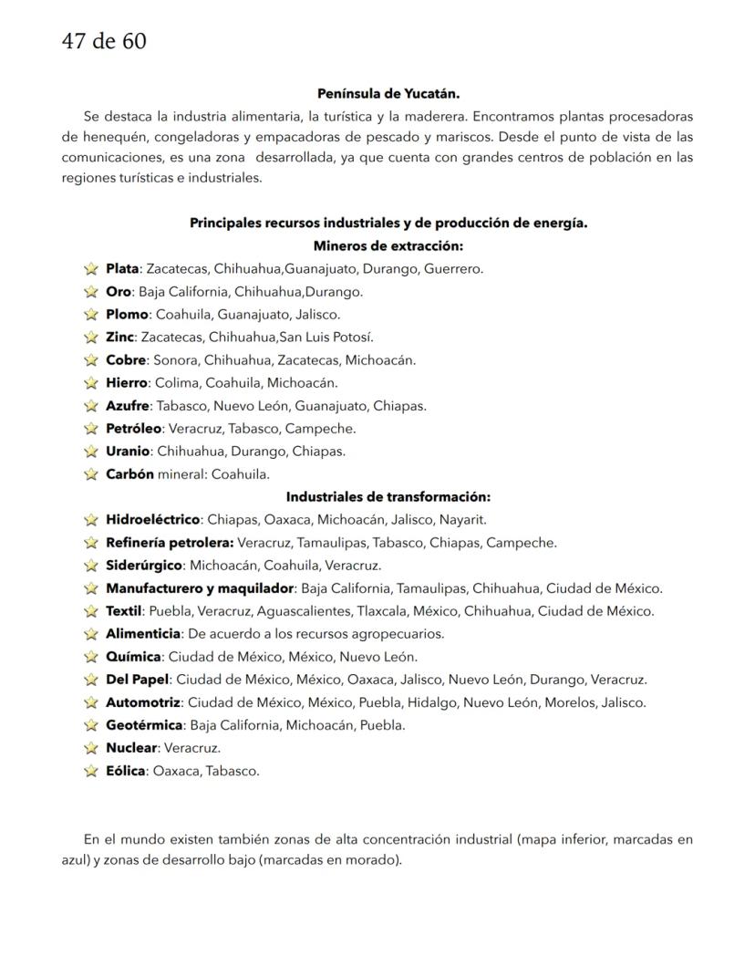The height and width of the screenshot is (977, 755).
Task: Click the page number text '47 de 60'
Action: point(103,42)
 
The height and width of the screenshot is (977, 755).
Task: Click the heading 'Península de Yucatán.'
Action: point(388,93)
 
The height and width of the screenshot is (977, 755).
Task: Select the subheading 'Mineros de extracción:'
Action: point(388,245)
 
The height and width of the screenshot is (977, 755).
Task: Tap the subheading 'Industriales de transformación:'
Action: point(388,497)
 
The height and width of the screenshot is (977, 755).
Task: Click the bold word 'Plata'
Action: point(122,269)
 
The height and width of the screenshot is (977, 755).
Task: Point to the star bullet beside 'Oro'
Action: point(90,292)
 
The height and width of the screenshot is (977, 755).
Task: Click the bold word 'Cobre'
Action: point(126,360)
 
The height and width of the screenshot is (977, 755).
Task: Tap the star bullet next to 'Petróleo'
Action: point(90,429)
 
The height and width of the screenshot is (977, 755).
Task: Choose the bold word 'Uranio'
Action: point(128,452)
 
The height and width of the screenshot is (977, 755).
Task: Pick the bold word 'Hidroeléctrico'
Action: point(152,520)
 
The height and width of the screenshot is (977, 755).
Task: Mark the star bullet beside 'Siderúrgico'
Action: point(90,566)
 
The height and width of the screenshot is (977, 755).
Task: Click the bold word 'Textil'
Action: point(123,611)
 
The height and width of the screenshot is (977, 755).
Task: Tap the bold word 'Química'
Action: point(133,657)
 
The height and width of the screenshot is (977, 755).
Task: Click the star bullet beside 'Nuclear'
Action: point(90,748)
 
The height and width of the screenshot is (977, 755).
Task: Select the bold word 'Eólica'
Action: point(125,771)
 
